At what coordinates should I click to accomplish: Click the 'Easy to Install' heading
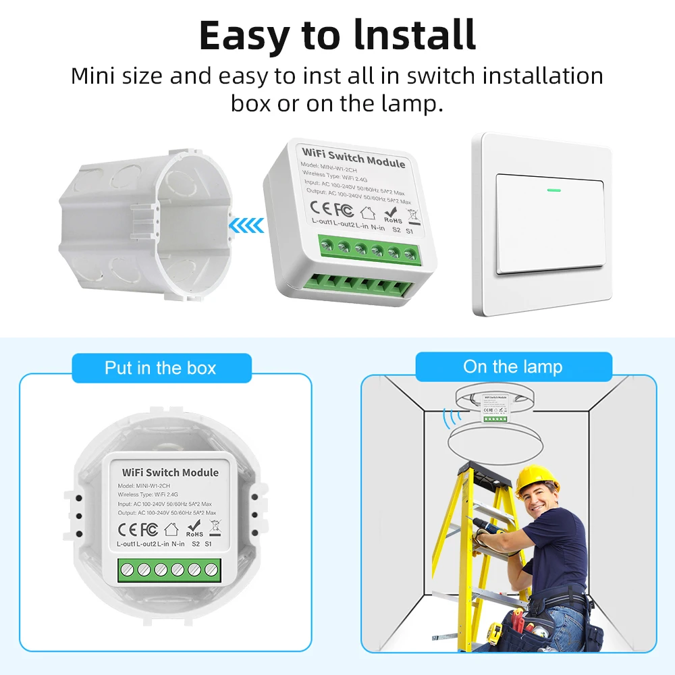[x=337, y=35]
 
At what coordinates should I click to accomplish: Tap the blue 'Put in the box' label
[x=160, y=368]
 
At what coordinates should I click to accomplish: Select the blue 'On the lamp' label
[x=512, y=367]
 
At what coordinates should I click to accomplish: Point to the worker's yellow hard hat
[x=537, y=480]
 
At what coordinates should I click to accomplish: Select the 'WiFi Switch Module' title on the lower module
[x=170, y=473]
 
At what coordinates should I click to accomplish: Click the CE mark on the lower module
[x=128, y=529]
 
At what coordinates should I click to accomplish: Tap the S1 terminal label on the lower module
[x=208, y=543]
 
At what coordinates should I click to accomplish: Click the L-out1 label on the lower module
[x=126, y=543]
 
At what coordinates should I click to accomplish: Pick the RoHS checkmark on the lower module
[x=194, y=526]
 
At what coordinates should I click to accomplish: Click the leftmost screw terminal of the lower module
[x=128, y=570]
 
